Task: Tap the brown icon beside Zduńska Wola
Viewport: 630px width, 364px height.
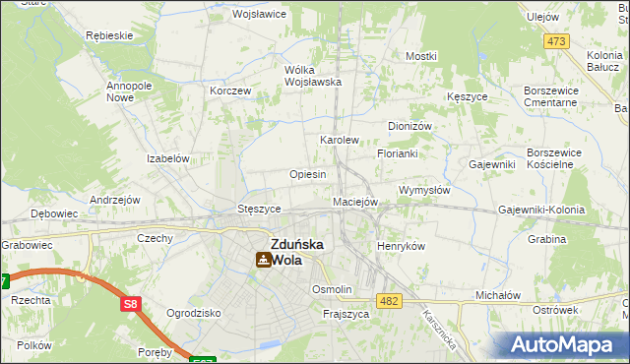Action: [263, 260]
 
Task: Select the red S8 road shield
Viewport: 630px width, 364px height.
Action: [131, 305]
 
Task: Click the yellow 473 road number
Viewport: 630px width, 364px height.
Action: [556, 40]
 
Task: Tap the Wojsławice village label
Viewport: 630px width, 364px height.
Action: [258, 15]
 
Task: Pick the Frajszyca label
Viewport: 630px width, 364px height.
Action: [346, 314]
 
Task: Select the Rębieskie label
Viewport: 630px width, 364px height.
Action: [109, 36]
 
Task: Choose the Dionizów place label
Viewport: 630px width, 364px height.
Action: [410, 127]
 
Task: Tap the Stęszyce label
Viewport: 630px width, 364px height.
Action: [261, 210]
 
